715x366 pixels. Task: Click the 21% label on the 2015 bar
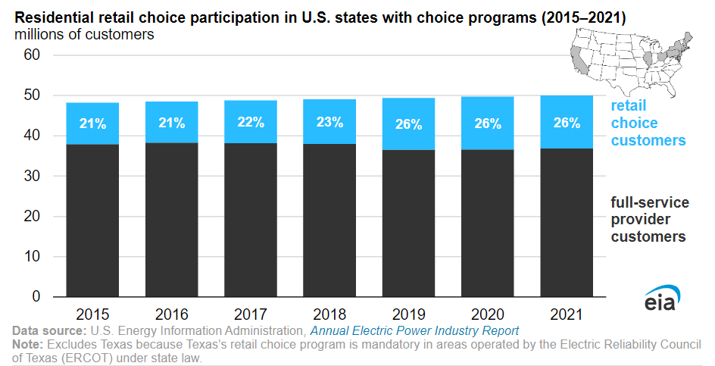(93, 123)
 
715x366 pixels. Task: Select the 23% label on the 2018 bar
(329, 123)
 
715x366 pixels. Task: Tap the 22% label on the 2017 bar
(251, 123)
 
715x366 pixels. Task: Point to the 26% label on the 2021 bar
(566, 123)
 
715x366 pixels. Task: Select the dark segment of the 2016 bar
(172, 220)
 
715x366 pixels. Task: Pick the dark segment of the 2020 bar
(487, 224)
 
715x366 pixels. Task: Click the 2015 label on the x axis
(93, 313)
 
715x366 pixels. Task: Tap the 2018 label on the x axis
(329, 313)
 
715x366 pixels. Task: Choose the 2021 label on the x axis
(566, 313)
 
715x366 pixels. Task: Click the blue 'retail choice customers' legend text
(648, 123)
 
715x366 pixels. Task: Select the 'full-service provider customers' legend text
(649, 220)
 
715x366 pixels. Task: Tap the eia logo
(663, 300)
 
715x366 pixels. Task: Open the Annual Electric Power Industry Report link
(414, 331)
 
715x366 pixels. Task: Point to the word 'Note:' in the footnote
(27, 345)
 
